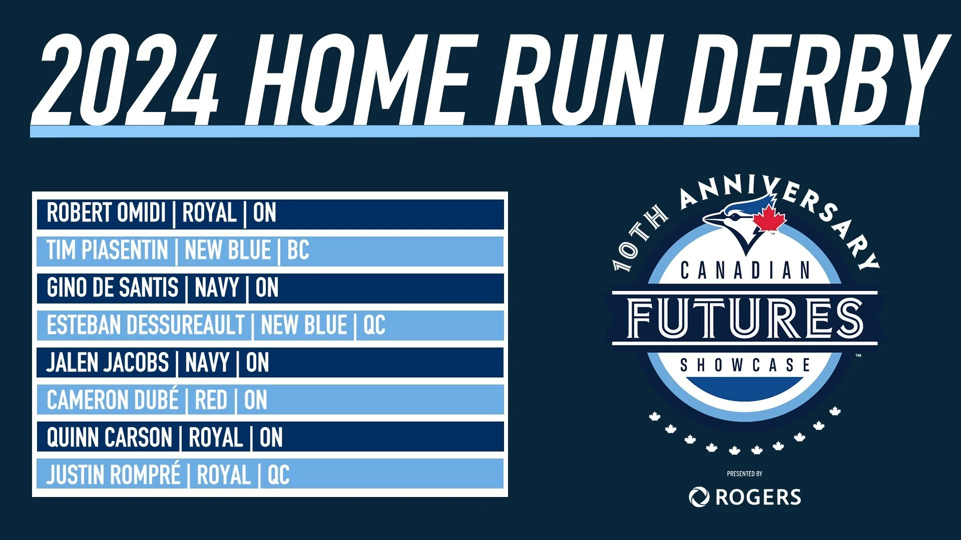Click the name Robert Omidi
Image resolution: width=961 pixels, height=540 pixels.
pos(106,213)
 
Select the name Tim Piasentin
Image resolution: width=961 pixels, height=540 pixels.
pos(107,250)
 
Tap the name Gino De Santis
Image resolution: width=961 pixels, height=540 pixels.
pos(113,288)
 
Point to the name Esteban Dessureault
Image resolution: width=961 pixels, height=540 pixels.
pos(146,325)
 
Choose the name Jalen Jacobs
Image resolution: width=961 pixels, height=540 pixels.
pos(108,363)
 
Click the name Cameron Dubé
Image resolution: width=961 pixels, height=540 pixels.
pos(113,400)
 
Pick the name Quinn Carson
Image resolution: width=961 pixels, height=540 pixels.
pos(110,437)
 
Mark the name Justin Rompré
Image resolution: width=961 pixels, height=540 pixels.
pos(114,475)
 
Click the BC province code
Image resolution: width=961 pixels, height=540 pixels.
pos(298,250)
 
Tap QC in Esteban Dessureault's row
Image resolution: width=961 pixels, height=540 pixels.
pos(374,325)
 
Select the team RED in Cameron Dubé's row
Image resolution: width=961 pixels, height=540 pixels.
pos(211,400)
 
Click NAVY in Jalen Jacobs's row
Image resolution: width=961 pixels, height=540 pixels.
pos(207,363)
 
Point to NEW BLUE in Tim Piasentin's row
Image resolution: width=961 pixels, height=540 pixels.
pos(228,250)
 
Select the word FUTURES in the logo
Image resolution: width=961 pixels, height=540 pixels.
pos(745,318)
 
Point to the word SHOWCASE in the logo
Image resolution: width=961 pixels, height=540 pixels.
pos(745,365)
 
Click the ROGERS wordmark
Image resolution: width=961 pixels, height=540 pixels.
pos(758,497)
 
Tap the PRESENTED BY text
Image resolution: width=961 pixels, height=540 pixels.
pos(745,473)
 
